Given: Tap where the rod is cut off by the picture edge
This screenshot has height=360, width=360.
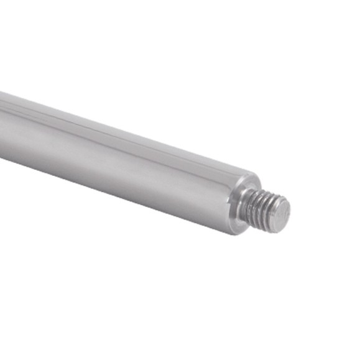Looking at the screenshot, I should coord(2,124).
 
